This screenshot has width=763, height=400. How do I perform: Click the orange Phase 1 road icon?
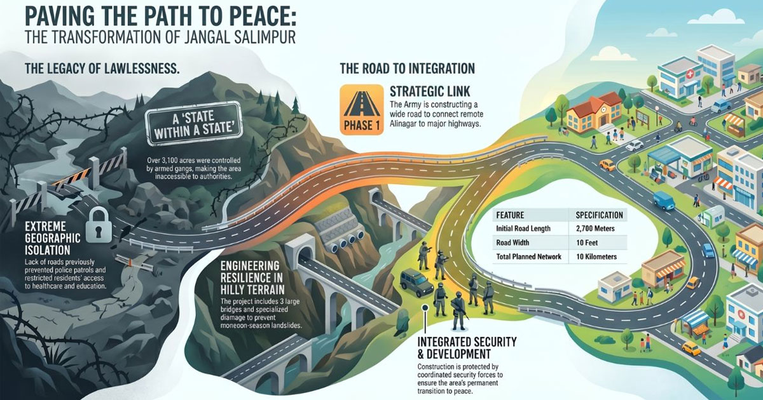pos(361,109)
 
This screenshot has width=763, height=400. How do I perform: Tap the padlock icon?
pos(99,225)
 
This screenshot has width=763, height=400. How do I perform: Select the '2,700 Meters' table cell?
pos(595,229)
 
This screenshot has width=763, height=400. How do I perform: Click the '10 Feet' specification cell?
pos(587,243)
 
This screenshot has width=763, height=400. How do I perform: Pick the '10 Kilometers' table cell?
pos(596,257)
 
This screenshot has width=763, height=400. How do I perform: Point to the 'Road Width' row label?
pos(512,243)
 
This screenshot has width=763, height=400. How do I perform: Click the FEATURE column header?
pos(510,215)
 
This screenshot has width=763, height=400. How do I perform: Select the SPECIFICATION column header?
pos(599,215)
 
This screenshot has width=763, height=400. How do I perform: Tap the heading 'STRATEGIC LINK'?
pos(430,91)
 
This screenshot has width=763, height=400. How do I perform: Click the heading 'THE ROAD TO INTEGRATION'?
pos(407,69)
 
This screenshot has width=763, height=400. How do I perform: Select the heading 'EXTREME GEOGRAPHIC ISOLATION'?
pos(52,238)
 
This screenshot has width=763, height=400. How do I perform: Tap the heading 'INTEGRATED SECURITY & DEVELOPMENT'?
pos(467,348)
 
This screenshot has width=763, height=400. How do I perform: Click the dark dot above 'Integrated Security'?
pos(425,308)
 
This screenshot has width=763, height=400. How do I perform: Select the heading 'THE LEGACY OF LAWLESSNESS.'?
pos(102,69)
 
